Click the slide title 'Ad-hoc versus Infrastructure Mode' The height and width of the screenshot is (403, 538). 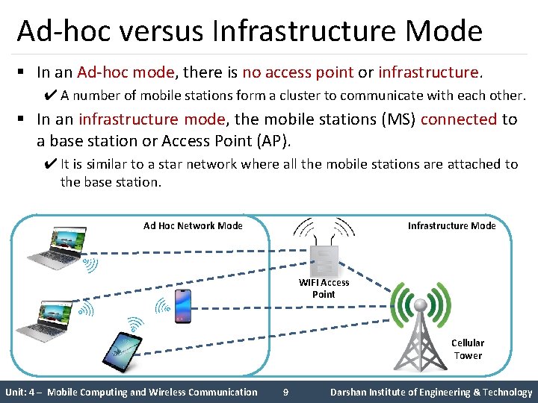pyautogui.click(x=250, y=31)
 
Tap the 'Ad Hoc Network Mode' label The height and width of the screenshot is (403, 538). pyautogui.click(x=193, y=225)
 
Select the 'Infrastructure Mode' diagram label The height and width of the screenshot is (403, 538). pyautogui.click(x=451, y=225)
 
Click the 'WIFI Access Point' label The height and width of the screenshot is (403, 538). pyautogui.click(x=324, y=288)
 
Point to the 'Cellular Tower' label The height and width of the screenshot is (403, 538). pyautogui.click(x=468, y=349)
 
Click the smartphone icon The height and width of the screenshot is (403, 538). pyautogui.click(x=182, y=305)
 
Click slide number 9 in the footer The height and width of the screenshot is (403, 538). pyautogui.click(x=285, y=392)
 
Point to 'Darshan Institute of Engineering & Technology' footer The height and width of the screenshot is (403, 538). pyautogui.click(x=431, y=392)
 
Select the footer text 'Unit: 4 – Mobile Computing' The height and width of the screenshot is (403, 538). pyautogui.click(x=131, y=392)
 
